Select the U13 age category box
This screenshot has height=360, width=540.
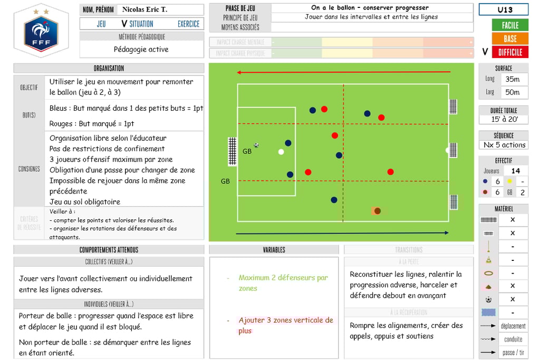505,10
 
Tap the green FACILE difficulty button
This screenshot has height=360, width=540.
509,25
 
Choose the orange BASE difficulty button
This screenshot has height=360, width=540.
509,38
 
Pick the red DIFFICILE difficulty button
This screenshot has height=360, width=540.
509,52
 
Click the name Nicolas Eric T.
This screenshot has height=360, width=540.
144,9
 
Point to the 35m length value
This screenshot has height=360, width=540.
512,79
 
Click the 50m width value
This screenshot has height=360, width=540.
512,92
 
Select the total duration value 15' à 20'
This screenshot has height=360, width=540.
503,120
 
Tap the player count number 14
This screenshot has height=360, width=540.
515,171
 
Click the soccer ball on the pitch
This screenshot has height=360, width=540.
256,145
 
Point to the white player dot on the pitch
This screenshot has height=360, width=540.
281,152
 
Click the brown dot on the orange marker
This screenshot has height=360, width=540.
377,211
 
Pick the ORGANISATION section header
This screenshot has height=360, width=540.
109,68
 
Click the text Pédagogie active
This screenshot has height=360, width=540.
141,50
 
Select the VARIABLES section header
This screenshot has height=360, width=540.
274,250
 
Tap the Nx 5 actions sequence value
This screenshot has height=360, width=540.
504,145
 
